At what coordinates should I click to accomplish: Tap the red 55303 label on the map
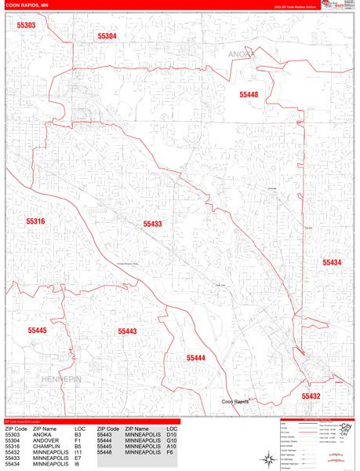[x=26, y=26]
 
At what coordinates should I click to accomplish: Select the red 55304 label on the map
[x=107, y=36]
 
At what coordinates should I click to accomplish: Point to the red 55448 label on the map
[x=249, y=94]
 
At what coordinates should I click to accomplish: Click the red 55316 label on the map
[x=35, y=222]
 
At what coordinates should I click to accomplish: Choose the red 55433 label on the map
[x=152, y=224]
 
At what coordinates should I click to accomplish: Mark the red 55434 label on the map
[x=332, y=262]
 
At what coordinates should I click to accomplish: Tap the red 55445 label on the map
[x=37, y=330]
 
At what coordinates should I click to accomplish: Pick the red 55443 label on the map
[x=127, y=331]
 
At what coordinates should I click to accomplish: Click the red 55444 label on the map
[x=195, y=357]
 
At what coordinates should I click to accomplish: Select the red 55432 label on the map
[x=311, y=396]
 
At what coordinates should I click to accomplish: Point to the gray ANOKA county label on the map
[x=242, y=53]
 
